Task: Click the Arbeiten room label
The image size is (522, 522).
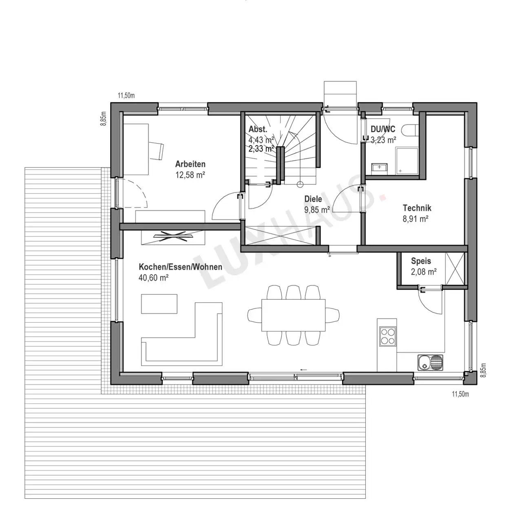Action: (x=190, y=164)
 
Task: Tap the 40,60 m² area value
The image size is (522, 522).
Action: (x=154, y=278)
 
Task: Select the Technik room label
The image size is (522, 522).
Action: (x=417, y=208)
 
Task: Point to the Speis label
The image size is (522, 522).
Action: (x=421, y=261)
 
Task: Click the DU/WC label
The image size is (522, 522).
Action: (x=383, y=129)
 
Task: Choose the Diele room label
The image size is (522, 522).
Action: (x=313, y=199)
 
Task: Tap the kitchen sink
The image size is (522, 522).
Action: (x=430, y=363)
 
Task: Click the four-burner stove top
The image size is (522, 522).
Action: (x=388, y=336)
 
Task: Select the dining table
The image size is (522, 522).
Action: (x=293, y=315)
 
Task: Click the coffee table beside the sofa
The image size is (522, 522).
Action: (x=159, y=304)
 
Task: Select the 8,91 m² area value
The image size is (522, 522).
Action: (x=415, y=219)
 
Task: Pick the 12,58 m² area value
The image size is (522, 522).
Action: (x=190, y=175)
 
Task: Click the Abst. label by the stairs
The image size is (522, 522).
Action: (x=258, y=129)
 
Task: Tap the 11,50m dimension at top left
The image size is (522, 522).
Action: (x=126, y=95)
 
